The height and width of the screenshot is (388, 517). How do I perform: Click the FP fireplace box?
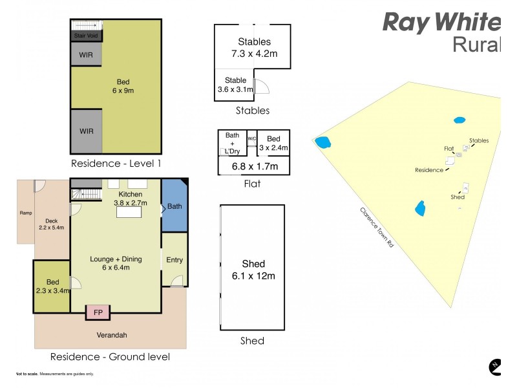pos(98,312)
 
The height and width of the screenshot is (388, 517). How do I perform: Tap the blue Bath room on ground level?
pos(174,206)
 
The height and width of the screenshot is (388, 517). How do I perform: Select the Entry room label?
pos(174,260)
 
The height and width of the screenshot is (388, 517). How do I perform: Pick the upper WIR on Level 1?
pos(86,55)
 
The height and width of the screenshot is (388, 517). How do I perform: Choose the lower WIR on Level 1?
pos(86,131)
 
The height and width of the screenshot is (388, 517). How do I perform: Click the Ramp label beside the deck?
pos(26,213)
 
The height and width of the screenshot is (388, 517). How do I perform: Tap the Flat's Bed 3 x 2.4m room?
pos(273,143)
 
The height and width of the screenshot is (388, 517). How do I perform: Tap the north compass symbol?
pos(495,367)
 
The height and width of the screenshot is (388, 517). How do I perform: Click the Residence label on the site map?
pos(428,170)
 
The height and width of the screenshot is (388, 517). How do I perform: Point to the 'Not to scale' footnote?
pos(55,374)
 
